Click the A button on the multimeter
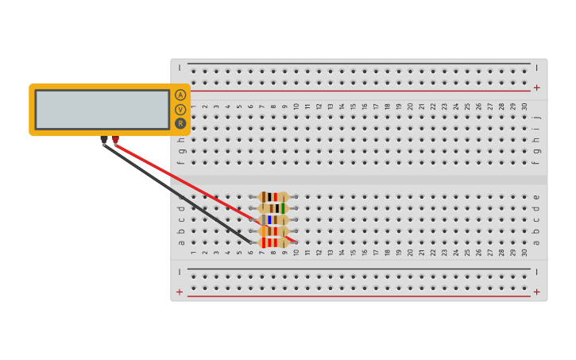pos(180,95)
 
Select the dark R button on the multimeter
pos(180,123)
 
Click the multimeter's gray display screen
pos(102,109)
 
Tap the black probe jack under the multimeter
pos(104,140)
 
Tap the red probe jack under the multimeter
pos(115,140)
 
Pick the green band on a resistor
pos(283,208)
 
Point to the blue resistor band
pos(269,220)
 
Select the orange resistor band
pos(263,231)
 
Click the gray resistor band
pos(263,220)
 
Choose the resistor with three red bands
pos(273,242)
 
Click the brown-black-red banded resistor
pos(273,197)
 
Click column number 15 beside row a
pos(354,253)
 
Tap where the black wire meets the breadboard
pos(250,242)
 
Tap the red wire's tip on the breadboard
pos(295,241)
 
